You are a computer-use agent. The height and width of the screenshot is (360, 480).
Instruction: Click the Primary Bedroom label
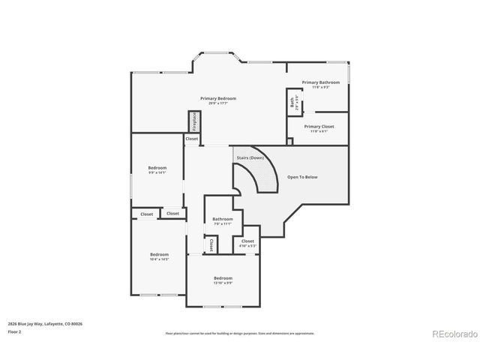tap(218, 98)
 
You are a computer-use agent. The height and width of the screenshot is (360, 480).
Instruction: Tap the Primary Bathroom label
tap(320, 82)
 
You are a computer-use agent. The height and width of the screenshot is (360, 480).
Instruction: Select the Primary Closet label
tap(319, 126)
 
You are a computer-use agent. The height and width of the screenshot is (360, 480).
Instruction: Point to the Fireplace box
tap(193, 121)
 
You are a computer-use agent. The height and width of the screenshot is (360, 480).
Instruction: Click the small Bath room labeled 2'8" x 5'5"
tap(292, 101)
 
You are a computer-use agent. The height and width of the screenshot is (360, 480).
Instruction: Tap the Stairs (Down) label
tap(250, 157)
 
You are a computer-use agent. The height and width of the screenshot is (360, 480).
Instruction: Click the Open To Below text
tap(302, 177)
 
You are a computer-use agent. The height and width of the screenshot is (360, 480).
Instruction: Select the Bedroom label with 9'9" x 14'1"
tap(157, 167)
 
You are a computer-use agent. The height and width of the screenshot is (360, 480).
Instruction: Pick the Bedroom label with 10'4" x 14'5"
tap(159, 254)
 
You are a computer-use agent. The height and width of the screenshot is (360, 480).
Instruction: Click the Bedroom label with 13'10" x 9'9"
tap(223, 277)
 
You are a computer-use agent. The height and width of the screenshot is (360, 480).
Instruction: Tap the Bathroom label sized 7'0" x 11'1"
tap(222, 219)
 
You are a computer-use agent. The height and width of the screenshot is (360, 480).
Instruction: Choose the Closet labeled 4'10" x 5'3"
tap(247, 241)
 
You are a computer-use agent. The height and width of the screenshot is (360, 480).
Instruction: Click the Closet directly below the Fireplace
tap(192, 139)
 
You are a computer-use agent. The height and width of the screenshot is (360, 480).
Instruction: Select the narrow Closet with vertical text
tap(211, 245)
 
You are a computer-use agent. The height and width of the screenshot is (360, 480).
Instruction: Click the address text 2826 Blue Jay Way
tap(45, 323)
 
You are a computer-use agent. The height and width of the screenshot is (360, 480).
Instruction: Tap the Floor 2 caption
tap(14, 331)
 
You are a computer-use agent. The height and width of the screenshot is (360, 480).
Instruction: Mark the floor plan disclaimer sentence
tap(240, 332)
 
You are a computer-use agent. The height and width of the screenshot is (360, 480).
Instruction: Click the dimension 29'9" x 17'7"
tap(218, 103)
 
